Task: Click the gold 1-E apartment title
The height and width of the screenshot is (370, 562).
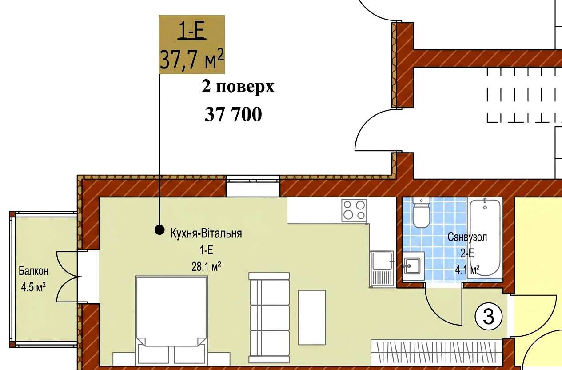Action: [x=191, y=31]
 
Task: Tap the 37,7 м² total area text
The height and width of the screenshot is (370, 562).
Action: [x=191, y=59]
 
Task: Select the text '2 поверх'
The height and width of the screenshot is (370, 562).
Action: [x=238, y=87]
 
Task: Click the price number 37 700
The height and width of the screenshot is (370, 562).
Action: [x=233, y=114]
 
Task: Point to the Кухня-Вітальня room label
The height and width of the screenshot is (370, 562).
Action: [x=206, y=233]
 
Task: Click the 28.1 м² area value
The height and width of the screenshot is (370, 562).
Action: [x=206, y=266]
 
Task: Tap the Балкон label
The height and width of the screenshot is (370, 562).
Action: [x=34, y=271]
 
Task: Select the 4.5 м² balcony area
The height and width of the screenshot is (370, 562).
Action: [x=33, y=287]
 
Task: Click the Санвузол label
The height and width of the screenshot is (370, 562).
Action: [x=467, y=237]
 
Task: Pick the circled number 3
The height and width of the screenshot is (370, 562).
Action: [x=489, y=317]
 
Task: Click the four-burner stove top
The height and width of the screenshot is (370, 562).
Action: [x=354, y=210]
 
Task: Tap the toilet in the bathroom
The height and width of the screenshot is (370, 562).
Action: [x=421, y=213]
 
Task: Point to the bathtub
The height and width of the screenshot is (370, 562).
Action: [x=485, y=237]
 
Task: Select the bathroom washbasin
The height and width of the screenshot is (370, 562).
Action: [x=413, y=266]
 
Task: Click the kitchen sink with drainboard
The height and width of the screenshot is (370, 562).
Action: [x=381, y=269]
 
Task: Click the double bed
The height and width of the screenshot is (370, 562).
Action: [x=171, y=321]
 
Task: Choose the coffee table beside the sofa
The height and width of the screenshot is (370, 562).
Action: [x=312, y=318]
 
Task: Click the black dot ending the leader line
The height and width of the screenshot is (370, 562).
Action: [x=159, y=229]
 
